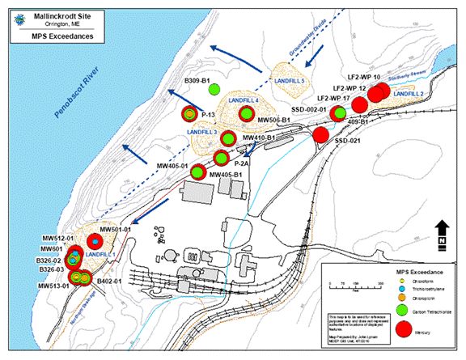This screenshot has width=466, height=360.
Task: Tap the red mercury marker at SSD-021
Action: pyautogui.click(x=321, y=135)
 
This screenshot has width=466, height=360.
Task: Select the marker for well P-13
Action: pyautogui.click(x=190, y=115)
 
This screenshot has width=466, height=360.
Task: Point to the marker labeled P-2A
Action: pyautogui.click(x=220, y=158)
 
